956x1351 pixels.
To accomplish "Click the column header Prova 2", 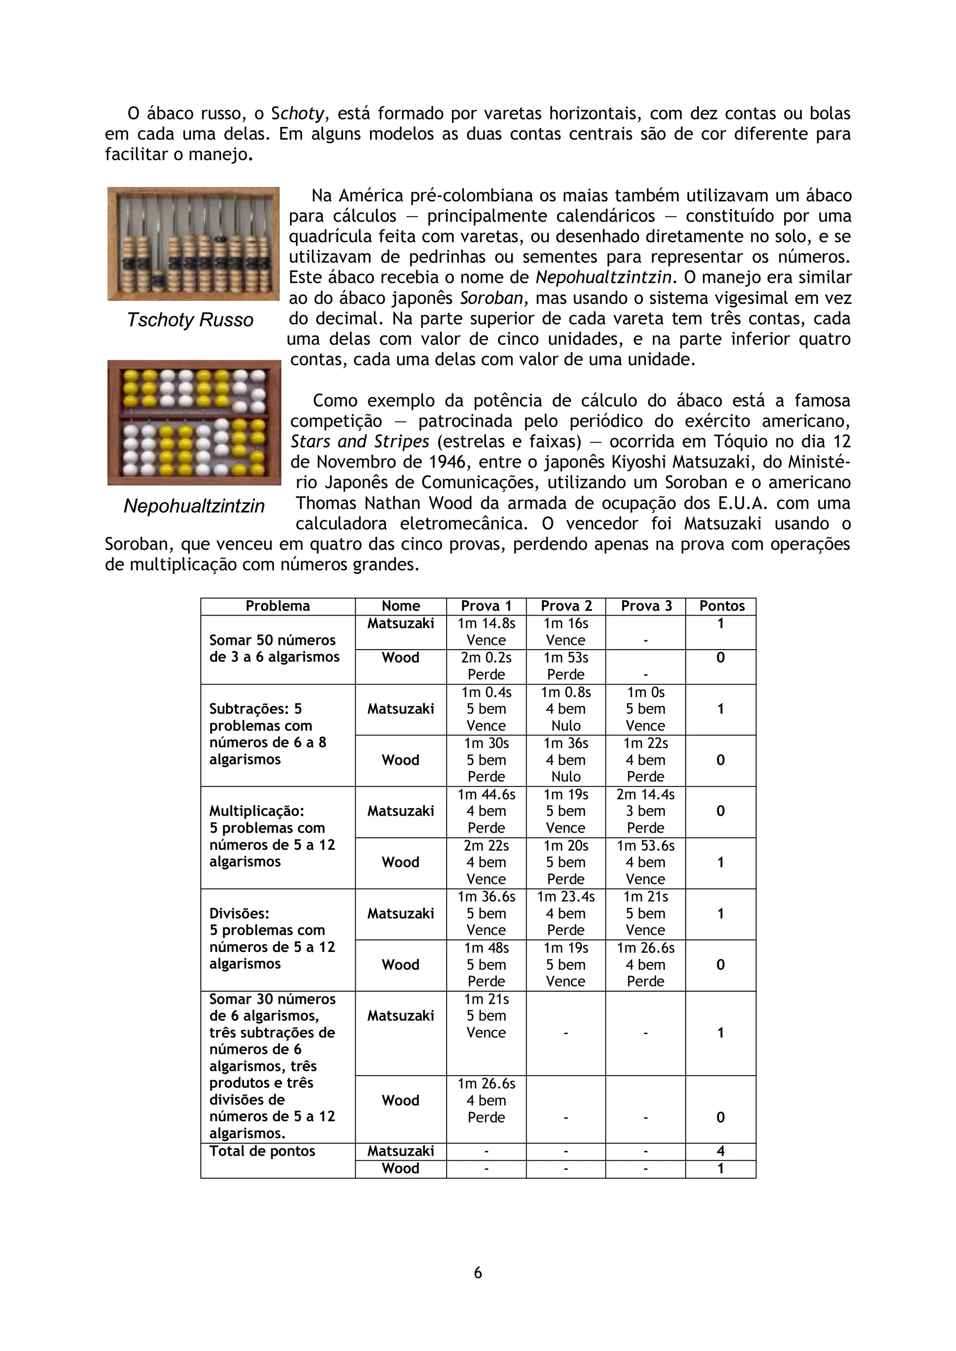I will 566,606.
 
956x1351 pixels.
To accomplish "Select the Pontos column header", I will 721,606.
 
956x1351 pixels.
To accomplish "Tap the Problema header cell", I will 277,606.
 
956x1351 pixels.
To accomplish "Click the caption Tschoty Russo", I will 190,320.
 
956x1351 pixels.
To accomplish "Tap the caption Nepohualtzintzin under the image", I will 194,506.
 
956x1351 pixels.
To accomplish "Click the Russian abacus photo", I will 193,244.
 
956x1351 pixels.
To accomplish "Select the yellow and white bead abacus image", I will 194,422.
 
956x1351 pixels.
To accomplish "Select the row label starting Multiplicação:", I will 257,812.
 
